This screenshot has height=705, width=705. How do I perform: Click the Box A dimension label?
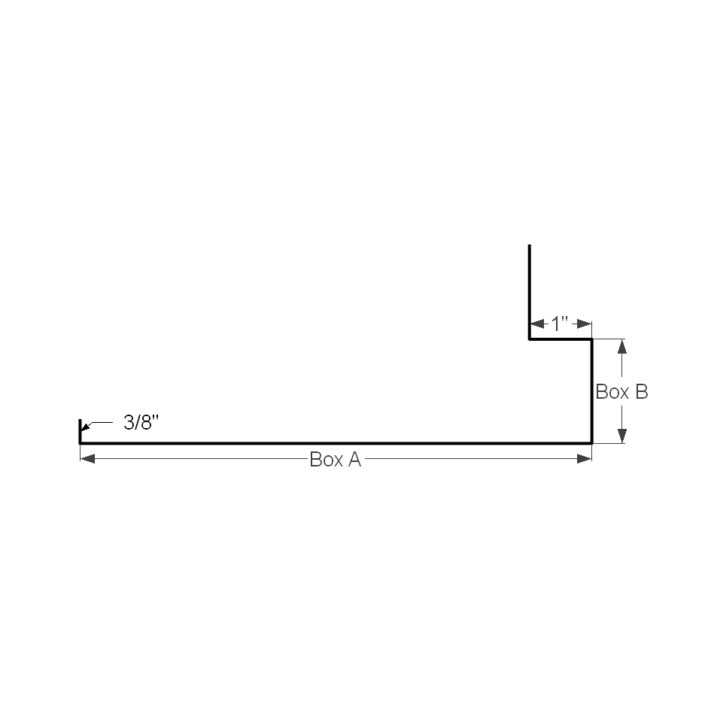pos(336,460)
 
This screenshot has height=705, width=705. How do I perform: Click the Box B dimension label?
pos(621,392)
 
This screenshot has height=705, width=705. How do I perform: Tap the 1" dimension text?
pos(560,324)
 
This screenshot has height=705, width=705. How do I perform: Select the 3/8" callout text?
pos(141,423)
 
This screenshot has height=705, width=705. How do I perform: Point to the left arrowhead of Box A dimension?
pos(87,459)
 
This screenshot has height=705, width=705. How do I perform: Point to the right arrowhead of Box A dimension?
pos(585,459)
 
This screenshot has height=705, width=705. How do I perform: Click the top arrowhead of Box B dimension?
pos(622,347)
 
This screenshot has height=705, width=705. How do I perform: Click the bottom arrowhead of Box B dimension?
pos(622,436)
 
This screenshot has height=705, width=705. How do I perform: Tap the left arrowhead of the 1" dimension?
pos(538,324)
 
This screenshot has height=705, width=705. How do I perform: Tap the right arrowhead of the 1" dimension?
pos(585,324)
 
